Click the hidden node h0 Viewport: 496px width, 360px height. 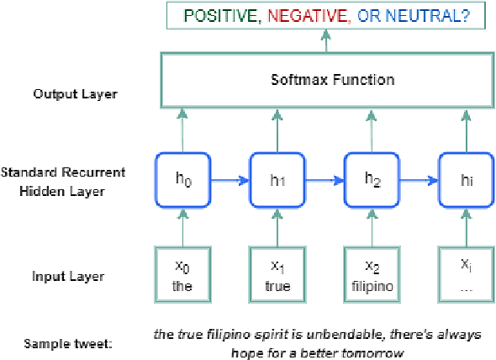click(181, 179)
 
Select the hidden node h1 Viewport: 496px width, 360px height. click(277, 179)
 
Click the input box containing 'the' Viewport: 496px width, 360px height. click(181, 272)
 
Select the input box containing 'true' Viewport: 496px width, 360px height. click(277, 272)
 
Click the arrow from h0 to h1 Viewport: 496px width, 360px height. click(229, 179)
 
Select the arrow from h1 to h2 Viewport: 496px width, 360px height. click(325, 179)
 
